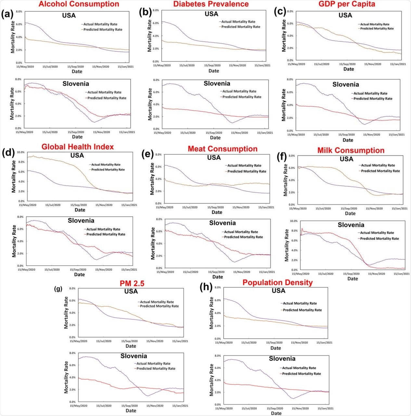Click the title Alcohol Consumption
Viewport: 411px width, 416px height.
[79, 4]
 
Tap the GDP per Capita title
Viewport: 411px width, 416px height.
[347, 4]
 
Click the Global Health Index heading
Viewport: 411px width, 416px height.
[78, 147]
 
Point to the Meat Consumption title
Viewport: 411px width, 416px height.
[223, 149]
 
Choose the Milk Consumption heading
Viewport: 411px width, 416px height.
[351, 150]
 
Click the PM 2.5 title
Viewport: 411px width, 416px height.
[132, 283]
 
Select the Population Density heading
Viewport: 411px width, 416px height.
[277, 282]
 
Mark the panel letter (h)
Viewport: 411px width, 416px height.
[207, 287]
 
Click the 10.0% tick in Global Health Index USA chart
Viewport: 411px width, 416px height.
[21, 152]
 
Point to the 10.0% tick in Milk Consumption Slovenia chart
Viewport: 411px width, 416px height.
[293, 221]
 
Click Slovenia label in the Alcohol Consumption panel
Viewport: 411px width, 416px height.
[76, 84]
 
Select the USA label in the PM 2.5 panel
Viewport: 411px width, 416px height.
[131, 292]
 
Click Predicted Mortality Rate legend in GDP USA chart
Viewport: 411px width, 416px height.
[377, 29]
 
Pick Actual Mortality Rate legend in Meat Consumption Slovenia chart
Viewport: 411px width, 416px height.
[241, 232]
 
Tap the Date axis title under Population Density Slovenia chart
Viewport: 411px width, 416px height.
[276, 413]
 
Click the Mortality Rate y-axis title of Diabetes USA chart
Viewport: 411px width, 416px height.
[150, 36]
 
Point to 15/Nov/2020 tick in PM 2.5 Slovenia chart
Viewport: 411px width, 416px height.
[155, 406]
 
